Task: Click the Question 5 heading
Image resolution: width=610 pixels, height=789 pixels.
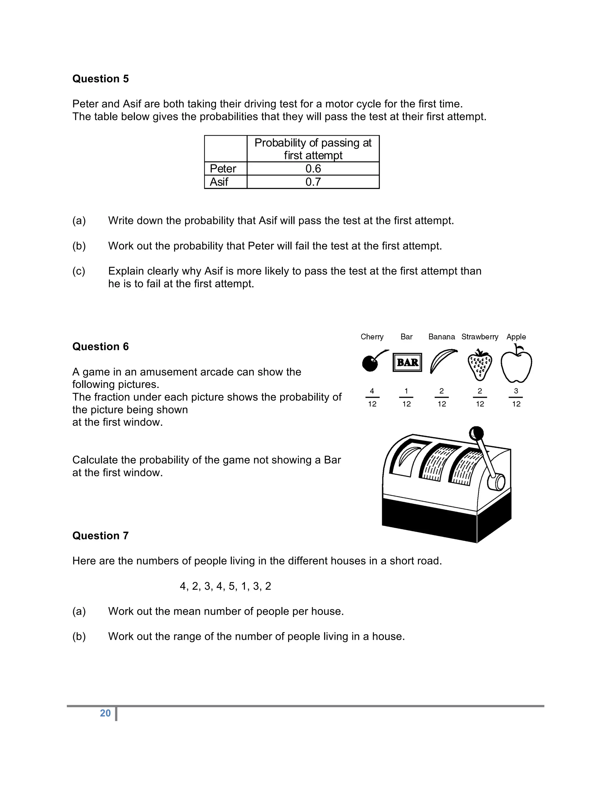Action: pyautogui.click(x=100, y=79)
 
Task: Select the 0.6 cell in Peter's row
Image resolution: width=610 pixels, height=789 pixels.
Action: pyautogui.click(x=313, y=169)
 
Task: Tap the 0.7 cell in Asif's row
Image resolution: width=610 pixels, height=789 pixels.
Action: pyautogui.click(x=313, y=182)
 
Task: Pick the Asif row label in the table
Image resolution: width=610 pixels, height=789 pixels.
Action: pyautogui.click(x=219, y=182)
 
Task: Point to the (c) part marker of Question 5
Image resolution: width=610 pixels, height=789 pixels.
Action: pyautogui.click(x=79, y=271)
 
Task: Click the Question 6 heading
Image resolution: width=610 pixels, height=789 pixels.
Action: pyautogui.click(x=100, y=347)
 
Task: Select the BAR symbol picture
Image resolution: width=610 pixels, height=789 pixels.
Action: pyautogui.click(x=407, y=362)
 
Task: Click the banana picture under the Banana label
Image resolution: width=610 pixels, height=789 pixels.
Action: pyautogui.click(x=442, y=361)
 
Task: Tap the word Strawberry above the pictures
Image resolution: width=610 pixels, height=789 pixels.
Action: pyautogui.click(x=480, y=337)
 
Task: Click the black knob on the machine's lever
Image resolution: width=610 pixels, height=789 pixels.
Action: pyautogui.click(x=476, y=433)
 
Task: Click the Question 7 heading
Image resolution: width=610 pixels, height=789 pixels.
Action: pyautogui.click(x=100, y=535)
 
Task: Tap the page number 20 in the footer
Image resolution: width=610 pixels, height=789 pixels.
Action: pyautogui.click(x=105, y=713)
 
